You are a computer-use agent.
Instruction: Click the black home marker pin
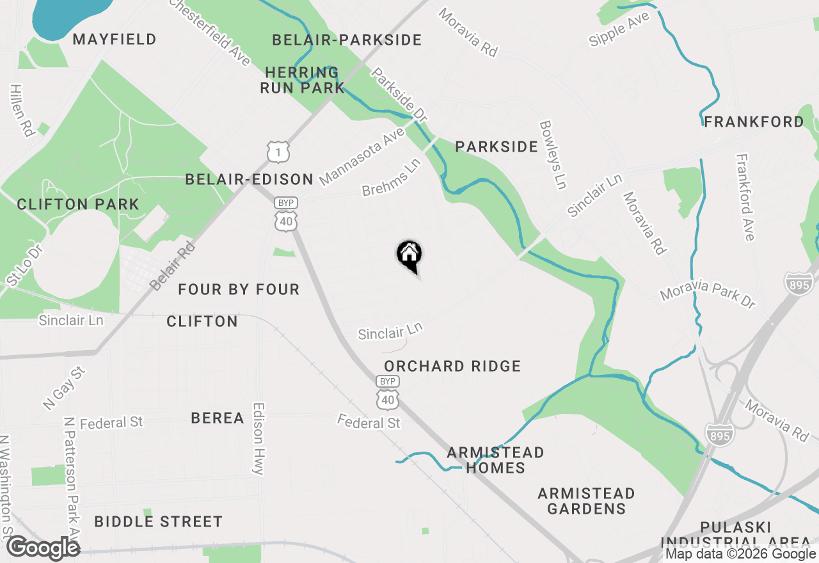(409, 255)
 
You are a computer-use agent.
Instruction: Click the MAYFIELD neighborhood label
(115, 40)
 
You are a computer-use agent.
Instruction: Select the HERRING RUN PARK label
(302, 80)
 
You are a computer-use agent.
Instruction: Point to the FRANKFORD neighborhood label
(754, 122)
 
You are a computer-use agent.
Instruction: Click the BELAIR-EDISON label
(249, 180)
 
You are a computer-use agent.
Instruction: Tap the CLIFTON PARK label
(78, 205)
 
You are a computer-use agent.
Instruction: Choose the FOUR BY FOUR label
(239, 290)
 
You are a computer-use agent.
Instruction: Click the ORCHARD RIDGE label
(452, 366)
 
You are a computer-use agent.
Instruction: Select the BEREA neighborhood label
(218, 418)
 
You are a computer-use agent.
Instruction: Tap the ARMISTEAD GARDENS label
(586, 501)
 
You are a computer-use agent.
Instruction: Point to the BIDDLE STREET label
(158, 522)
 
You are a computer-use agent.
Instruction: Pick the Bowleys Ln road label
(553, 155)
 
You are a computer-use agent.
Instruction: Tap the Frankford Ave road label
(745, 197)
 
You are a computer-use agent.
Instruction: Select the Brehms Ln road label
(391, 178)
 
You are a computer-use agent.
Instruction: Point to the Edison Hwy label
(258, 438)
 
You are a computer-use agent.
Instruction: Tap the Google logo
(43, 548)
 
